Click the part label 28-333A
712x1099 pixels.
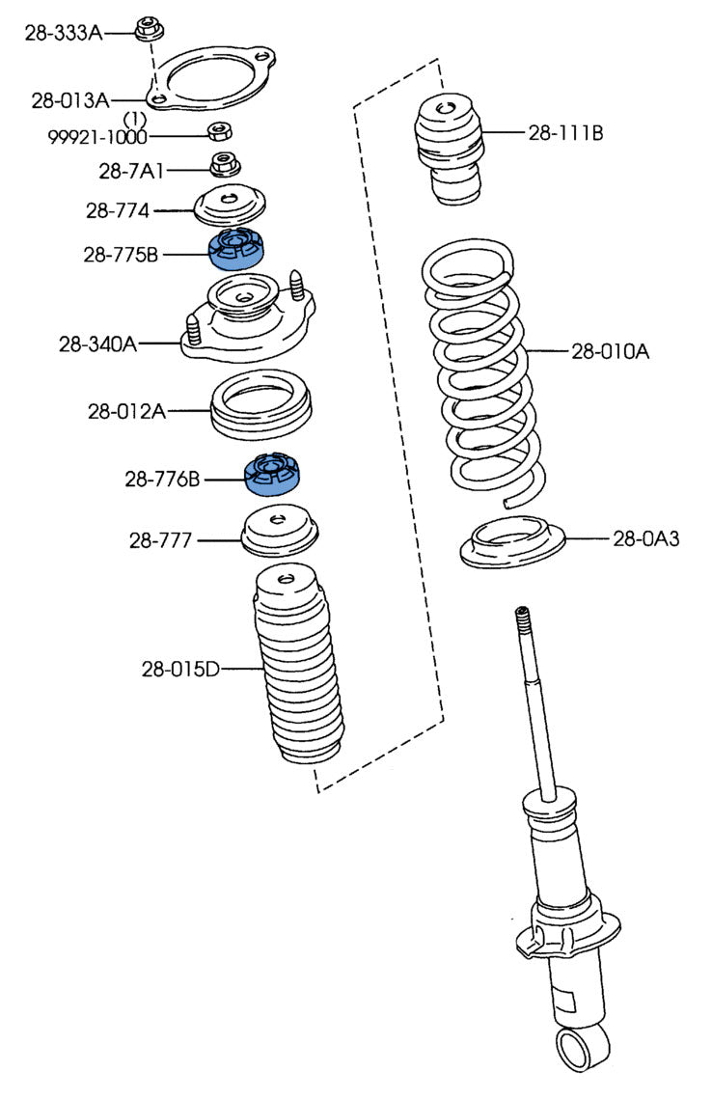point(63,33)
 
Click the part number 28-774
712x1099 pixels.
point(117,209)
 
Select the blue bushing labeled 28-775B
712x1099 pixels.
point(238,248)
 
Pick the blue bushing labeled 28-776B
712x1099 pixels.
point(274,473)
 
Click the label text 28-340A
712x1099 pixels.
point(97,343)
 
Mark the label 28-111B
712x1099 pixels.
point(565,133)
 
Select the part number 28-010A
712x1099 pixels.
point(610,352)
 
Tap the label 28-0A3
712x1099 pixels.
point(645,538)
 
